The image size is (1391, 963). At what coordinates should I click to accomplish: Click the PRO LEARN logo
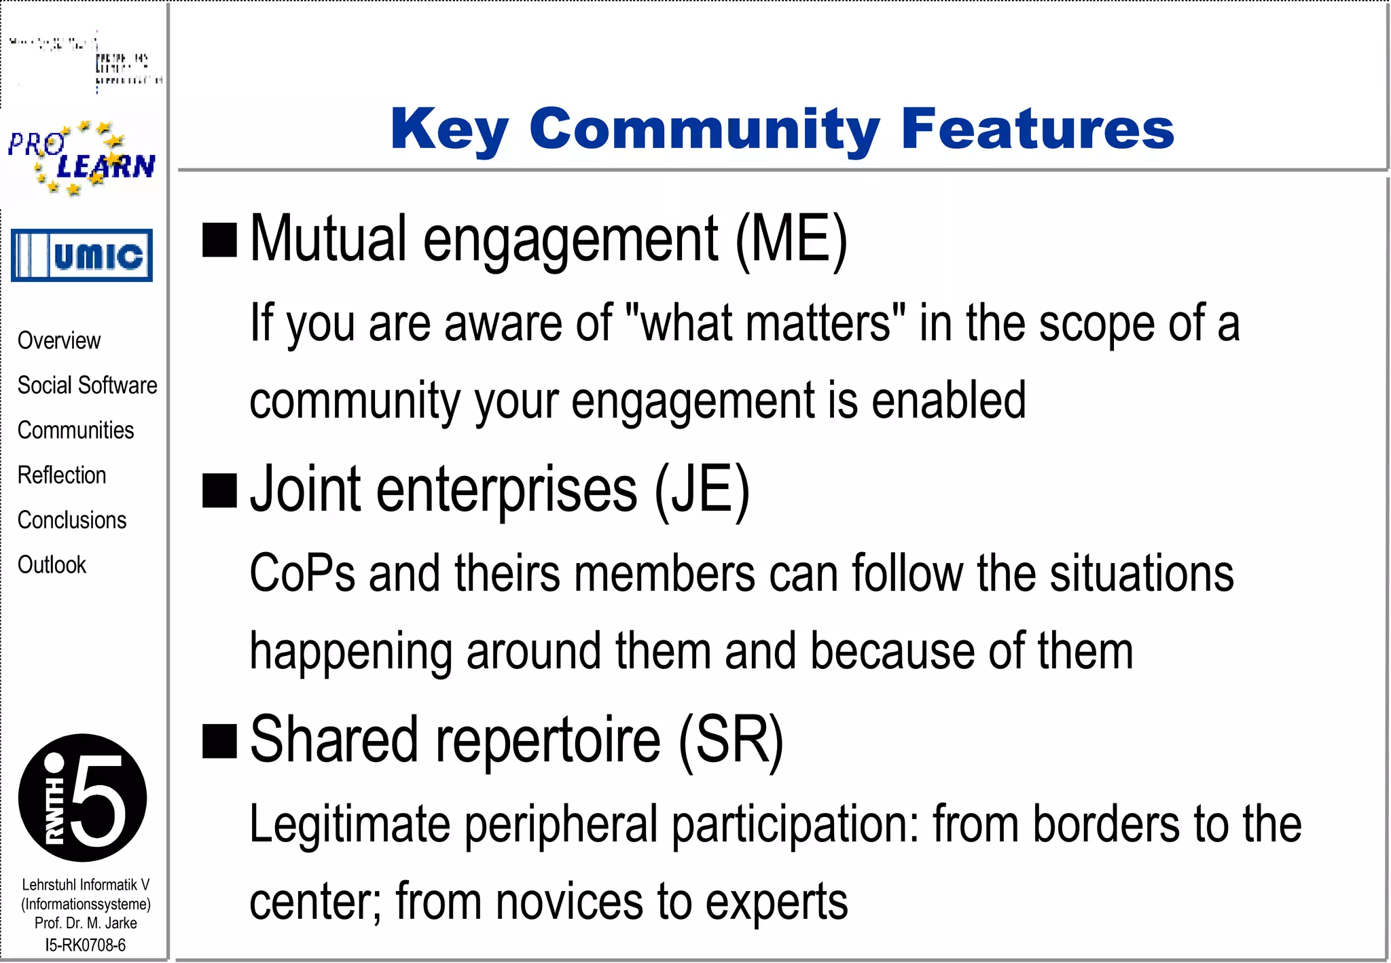point(82,159)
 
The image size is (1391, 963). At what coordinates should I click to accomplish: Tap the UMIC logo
point(82,255)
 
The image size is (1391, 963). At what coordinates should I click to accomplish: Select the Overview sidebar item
point(59,340)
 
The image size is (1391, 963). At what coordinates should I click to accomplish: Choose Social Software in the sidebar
point(87,385)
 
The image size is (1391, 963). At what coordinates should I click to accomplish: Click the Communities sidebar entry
point(75,430)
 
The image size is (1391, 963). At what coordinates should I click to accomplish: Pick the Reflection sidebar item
point(62,475)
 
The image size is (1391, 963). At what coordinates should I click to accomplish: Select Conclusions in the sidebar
point(72,520)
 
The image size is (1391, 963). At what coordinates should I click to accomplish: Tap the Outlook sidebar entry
point(52,564)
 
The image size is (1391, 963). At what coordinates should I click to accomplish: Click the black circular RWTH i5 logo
point(82,797)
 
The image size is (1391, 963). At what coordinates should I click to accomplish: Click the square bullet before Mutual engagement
point(219,240)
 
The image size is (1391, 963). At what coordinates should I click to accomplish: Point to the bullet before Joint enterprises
point(219,491)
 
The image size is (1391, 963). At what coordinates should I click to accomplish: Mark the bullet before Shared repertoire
point(219,741)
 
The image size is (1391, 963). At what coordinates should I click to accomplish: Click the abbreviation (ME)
point(791,239)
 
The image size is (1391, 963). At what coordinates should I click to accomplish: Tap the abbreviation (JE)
point(702,490)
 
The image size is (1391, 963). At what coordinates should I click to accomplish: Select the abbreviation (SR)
point(731,740)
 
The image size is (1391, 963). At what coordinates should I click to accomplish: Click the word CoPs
point(302,573)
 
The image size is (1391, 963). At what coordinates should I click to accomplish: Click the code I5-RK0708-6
point(85,945)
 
